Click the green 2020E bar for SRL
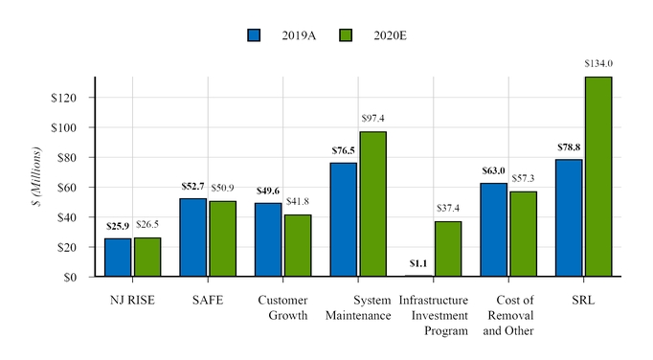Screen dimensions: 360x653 click(x=598, y=177)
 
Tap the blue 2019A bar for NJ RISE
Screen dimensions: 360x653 click(x=118, y=258)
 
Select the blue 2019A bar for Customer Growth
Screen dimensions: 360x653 click(x=268, y=240)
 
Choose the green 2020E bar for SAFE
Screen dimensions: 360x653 click(x=223, y=238)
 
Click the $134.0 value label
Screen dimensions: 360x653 click(x=598, y=64)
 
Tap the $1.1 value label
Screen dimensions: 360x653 click(x=418, y=263)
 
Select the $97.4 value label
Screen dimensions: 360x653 click(x=373, y=119)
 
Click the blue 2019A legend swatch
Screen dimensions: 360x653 click(x=255, y=35)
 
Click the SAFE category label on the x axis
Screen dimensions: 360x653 click(x=208, y=301)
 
